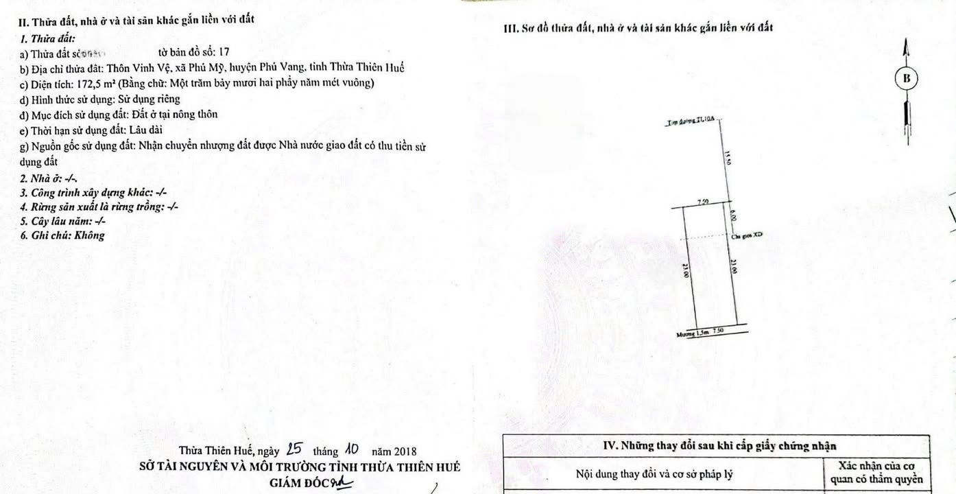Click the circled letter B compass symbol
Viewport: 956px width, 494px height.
(x=907, y=79)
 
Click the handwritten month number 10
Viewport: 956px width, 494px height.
(x=352, y=450)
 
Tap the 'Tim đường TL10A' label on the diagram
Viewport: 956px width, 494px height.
(x=691, y=121)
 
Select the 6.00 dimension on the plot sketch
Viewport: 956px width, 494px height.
(x=733, y=215)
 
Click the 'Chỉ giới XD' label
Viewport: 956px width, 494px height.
(x=747, y=235)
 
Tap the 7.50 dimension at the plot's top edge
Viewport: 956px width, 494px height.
(x=702, y=202)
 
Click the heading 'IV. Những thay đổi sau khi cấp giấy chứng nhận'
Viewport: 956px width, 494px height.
(x=719, y=445)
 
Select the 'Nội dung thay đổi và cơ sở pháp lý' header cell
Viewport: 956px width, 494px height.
(x=663, y=474)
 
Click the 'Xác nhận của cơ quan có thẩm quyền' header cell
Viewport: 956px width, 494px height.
(x=876, y=473)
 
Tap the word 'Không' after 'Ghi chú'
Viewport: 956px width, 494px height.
(x=91, y=235)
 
